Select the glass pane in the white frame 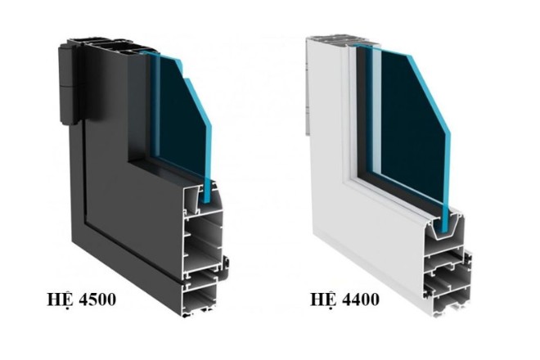coord(409,123)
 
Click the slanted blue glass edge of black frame coord(196,90)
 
